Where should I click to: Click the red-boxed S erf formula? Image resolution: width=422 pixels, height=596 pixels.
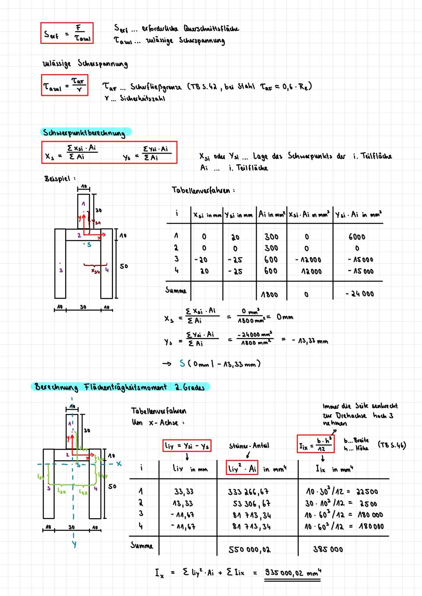(x=67, y=33)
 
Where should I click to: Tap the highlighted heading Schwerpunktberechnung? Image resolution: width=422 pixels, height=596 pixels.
(x=84, y=132)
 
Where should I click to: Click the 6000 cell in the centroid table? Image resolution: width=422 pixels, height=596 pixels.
(x=356, y=237)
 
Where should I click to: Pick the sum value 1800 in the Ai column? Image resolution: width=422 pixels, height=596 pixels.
(x=269, y=294)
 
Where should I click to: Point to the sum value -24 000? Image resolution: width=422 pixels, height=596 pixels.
(x=359, y=294)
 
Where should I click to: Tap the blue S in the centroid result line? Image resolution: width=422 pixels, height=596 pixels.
(x=182, y=363)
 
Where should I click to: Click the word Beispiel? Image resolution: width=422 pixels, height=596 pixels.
(x=57, y=179)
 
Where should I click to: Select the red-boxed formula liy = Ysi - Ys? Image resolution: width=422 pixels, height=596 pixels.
(x=187, y=446)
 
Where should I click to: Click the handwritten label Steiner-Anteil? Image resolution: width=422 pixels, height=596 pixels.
(x=249, y=446)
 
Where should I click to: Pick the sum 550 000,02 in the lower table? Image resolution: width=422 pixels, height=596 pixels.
(x=249, y=549)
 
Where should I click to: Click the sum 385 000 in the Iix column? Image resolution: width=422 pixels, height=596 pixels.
(x=328, y=549)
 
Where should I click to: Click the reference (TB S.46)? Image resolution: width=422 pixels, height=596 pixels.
(x=392, y=445)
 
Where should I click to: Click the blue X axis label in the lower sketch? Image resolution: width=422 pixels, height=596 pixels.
(x=119, y=464)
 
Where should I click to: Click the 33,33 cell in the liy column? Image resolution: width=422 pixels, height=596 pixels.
(x=184, y=492)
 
